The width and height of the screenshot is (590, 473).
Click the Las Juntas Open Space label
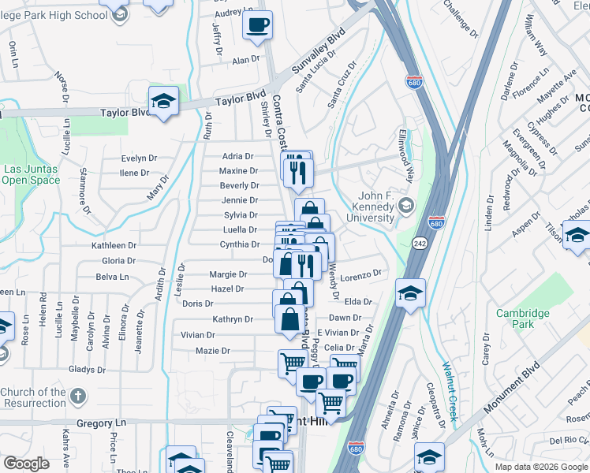pyautogui.click(x=31, y=174)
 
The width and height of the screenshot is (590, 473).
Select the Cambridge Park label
pyautogui.click(x=522, y=318)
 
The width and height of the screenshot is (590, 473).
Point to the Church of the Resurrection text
pyautogui.click(x=33, y=397)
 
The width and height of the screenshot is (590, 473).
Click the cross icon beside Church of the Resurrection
pyautogui.click(x=78, y=396)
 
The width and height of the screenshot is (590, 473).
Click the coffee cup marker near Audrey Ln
pyautogui.click(x=257, y=26)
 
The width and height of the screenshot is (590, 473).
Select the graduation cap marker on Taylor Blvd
pyautogui.click(x=163, y=101)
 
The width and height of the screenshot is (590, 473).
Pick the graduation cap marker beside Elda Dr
pyautogui.click(x=410, y=294)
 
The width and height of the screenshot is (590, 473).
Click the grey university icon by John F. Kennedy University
pyautogui.click(x=406, y=207)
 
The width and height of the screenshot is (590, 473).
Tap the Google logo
pyautogui.click(x=26, y=464)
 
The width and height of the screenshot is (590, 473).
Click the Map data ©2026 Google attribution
pyautogui.click(x=541, y=467)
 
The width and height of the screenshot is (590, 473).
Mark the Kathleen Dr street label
pyautogui.click(x=114, y=246)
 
